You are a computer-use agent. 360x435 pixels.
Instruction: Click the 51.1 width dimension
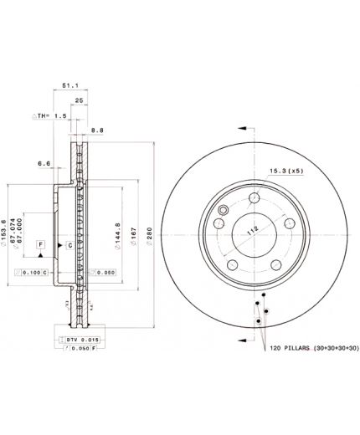[x=69, y=84]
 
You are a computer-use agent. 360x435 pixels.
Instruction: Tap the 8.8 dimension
[x=97, y=130]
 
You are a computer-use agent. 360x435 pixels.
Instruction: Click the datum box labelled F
[x=39, y=243]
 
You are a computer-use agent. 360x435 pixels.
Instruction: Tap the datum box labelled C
[x=69, y=243]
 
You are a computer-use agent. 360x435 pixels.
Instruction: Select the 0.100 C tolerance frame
[x=33, y=273]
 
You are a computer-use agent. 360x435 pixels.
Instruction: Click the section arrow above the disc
[x=243, y=128]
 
